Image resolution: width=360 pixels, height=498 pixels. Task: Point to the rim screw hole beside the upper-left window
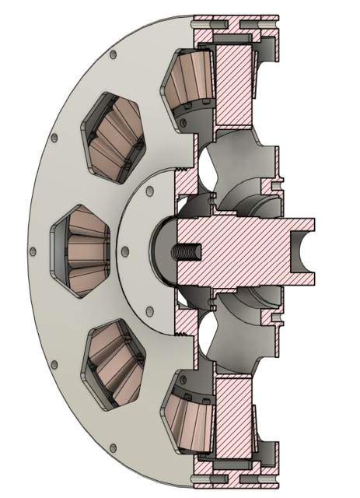tap(54, 140)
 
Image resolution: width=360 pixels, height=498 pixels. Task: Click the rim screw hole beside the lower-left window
tap(54, 363)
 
